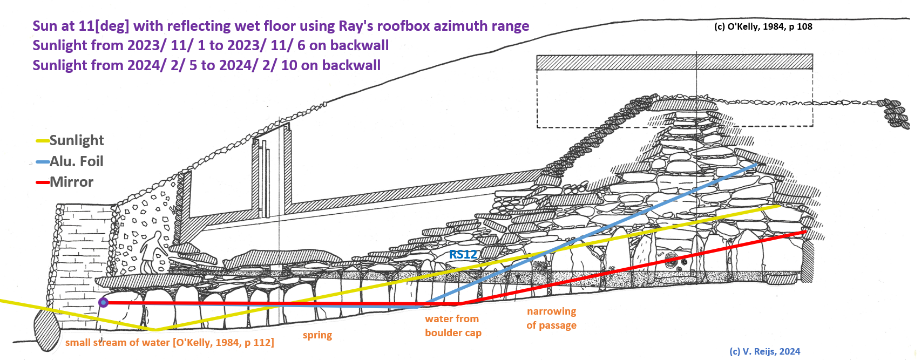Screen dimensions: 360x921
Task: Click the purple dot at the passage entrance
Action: pos(103,303)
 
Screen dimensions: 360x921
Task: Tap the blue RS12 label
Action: pos(463,255)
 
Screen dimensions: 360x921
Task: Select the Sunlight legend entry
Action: pos(76,140)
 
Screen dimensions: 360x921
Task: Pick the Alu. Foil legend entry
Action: pos(76,161)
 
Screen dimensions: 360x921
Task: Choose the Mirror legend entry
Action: pos(71,182)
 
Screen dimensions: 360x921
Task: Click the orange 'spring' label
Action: pos(317,335)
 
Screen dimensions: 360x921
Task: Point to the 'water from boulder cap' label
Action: pos(452,326)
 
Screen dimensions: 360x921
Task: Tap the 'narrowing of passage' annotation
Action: pos(551,318)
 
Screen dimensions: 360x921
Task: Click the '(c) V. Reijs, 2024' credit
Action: pos(764,351)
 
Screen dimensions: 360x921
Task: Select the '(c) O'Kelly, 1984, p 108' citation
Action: pos(763,26)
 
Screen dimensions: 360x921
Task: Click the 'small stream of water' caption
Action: pos(170,343)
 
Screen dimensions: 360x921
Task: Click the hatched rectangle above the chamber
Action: pos(674,62)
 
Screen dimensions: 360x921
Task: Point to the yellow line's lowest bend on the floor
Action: pos(155,329)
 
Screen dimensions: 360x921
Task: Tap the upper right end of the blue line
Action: pos(757,164)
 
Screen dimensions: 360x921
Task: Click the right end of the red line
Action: pos(805,232)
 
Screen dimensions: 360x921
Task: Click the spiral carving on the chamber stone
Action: pos(672,261)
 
